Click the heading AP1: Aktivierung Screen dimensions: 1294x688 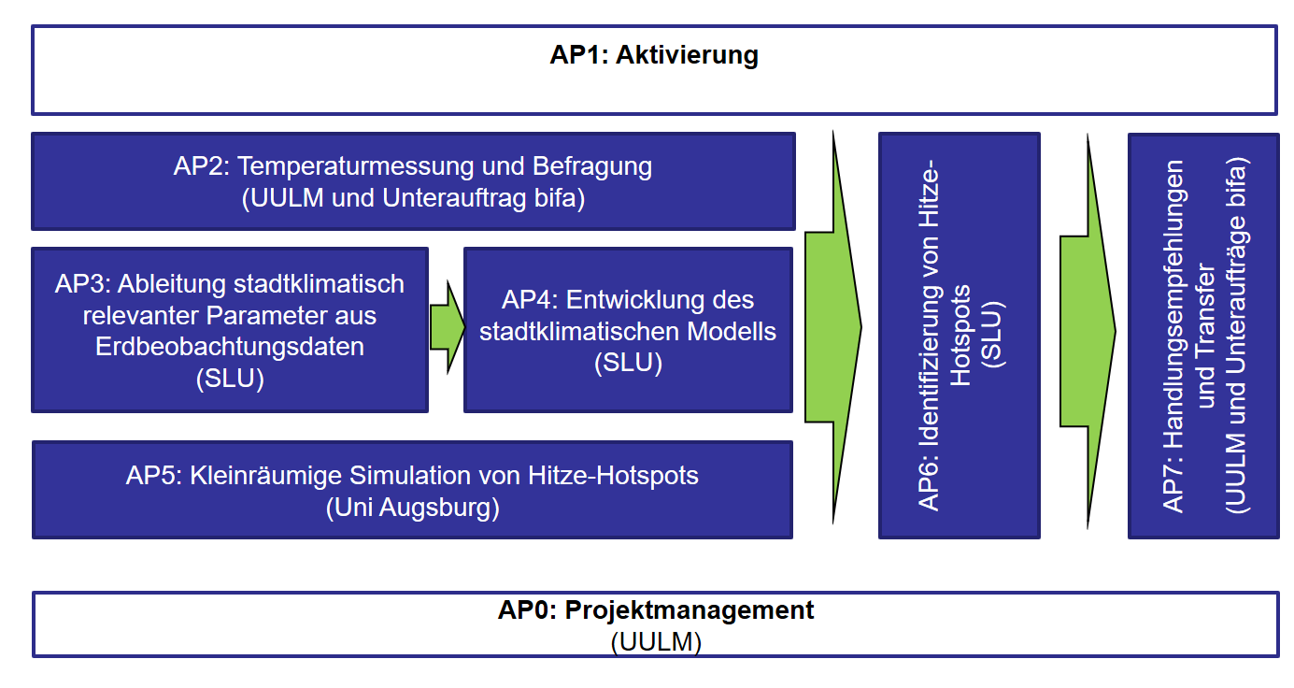pyautogui.click(x=654, y=55)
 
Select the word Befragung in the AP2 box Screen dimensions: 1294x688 pyautogui.click(x=592, y=167)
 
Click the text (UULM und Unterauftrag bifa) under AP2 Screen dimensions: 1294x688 pyautogui.click(x=413, y=198)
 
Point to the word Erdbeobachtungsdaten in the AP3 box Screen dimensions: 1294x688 pyautogui.click(x=229, y=347)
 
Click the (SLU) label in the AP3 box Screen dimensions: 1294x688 pyautogui.click(x=230, y=379)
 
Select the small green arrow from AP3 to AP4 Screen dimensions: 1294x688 pyautogui.click(x=448, y=327)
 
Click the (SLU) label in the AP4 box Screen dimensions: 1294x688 pyautogui.click(x=628, y=363)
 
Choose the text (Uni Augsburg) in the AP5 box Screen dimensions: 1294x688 pyautogui.click(x=412, y=508)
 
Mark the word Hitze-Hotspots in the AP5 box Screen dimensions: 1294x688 pyautogui.click(x=613, y=476)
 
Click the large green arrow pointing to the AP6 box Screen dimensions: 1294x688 pyautogui.click(x=833, y=327)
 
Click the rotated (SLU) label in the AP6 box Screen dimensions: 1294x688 pyautogui.click(x=992, y=334)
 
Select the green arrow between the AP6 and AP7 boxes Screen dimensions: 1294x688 pyautogui.click(x=1088, y=331)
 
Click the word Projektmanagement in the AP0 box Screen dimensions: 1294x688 pyautogui.click(x=690, y=610)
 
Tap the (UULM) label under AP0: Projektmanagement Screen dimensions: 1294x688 pyautogui.click(x=656, y=642)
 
